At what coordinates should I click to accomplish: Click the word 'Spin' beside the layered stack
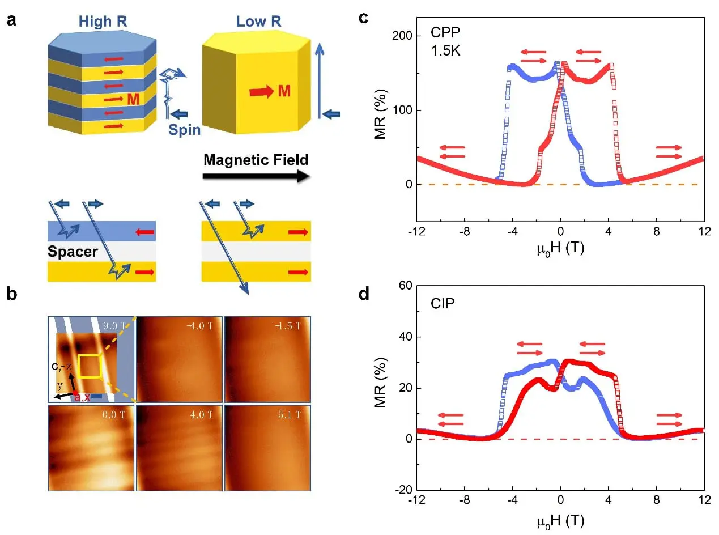tap(185, 130)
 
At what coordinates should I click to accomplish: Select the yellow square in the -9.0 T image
tap(89, 366)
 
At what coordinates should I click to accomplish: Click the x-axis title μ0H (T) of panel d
tap(560, 519)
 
